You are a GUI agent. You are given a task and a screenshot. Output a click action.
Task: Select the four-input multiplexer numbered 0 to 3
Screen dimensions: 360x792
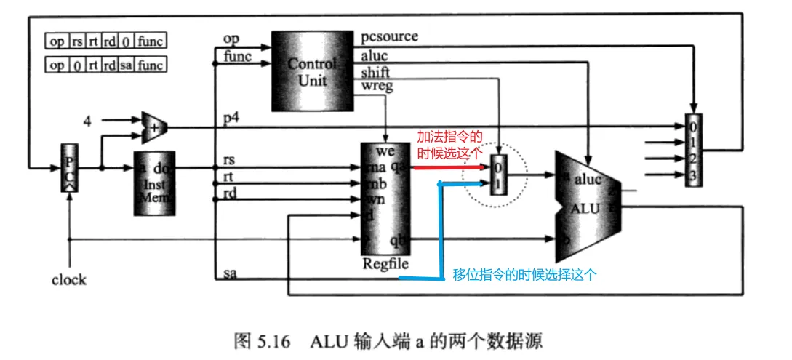(x=694, y=150)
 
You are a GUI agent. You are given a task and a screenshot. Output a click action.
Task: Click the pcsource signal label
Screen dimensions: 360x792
(x=390, y=36)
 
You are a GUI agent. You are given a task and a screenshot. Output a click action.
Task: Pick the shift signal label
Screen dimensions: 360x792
(x=375, y=72)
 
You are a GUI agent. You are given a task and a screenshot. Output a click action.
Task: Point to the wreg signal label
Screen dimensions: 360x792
(x=376, y=87)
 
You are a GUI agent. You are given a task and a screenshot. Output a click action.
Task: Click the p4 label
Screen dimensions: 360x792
(x=231, y=119)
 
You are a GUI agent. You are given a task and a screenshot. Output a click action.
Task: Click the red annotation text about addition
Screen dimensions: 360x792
(x=449, y=143)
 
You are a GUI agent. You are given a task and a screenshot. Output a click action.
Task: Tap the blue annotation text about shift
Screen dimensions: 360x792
(x=524, y=275)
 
